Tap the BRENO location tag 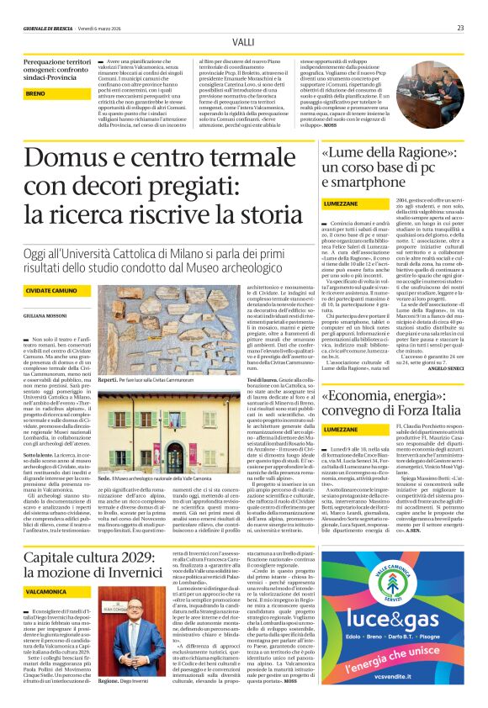(36, 93)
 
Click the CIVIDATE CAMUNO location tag (49, 290)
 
